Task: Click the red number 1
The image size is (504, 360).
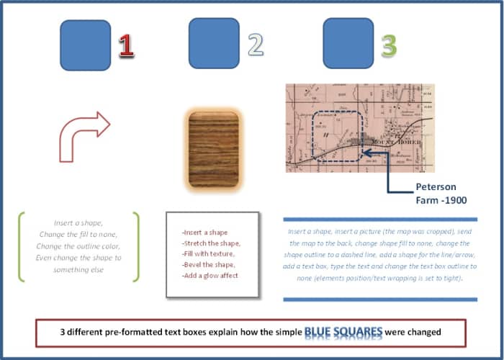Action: click(x=126, y=45)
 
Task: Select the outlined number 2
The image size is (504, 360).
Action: click(x=255, y=45)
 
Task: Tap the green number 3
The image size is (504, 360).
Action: click(x=389, y=45)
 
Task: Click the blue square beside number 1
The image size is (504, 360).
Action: click(x=85, y=45)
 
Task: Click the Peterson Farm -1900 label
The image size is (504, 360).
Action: click(x=436, y=193)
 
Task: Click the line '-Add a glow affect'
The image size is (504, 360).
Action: click(x=210, y=276)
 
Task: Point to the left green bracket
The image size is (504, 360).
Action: click(x=23, y=246)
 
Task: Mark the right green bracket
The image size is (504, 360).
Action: click(x=135, y=246)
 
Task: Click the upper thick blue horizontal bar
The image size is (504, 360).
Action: click(x=380, y=219)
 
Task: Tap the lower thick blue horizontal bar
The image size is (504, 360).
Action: click(x=380, y=299)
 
